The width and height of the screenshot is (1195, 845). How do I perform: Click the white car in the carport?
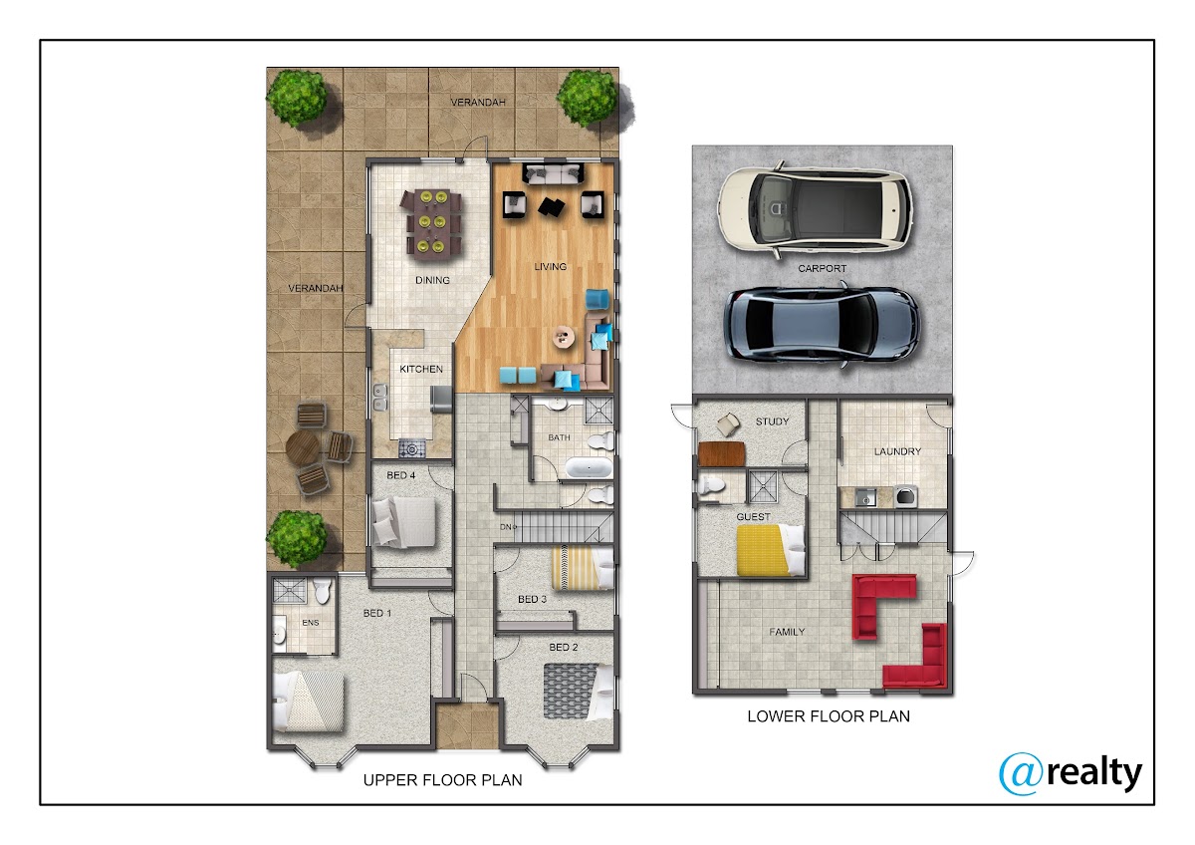[815, 210]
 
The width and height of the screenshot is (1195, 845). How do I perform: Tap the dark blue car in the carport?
[822, 325]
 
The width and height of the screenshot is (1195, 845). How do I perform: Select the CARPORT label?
[823, 268]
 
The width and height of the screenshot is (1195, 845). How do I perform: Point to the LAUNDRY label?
[897, 451]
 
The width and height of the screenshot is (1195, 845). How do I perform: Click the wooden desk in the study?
[721, 453]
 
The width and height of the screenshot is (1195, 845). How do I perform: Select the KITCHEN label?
[421, 369]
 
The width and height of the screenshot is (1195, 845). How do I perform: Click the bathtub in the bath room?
[589, 468]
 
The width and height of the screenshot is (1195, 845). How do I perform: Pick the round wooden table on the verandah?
[302, 449]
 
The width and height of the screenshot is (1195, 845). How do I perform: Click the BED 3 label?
[533, 600]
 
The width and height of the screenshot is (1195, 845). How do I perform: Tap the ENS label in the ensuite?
[311, 623]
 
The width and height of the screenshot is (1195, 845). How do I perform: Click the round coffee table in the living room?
[564, 336]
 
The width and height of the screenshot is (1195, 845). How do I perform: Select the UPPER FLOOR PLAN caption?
[442, 780]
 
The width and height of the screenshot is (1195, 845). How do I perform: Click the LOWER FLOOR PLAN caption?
[829, 716]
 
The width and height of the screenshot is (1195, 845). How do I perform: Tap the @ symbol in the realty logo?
[1021, 773]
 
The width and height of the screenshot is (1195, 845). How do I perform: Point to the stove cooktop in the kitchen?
[412, 448]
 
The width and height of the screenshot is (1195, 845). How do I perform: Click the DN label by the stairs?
[507, 527]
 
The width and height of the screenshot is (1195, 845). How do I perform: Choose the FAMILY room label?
[787, 632]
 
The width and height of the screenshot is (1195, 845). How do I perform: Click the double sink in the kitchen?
[379, 398]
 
